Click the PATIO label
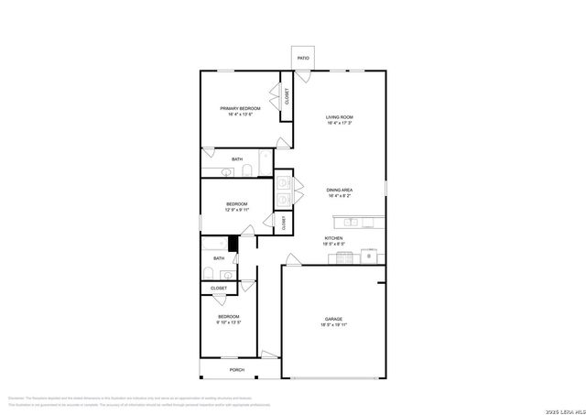pyautogui.click(x=303, y=59)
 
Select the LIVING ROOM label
pyautogui.click(x=340, y=117)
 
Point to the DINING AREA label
pyautogui.click(x=340, y=190)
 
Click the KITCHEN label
pyautogui.click(x=332, y=238)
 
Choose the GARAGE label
pyautogui.click(x=332, y=319)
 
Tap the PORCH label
pyautogui.click(x=237, y=370)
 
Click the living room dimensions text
pyautogui.click(x=340, y=124)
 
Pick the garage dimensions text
pyautogui.click(x=332, y=325)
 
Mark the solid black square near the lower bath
pyautogui.click(x=233, y=244)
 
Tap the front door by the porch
pyautogui.click(x=266, y=355)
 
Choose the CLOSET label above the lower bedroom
pyautogui.click(x=219, y=288)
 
